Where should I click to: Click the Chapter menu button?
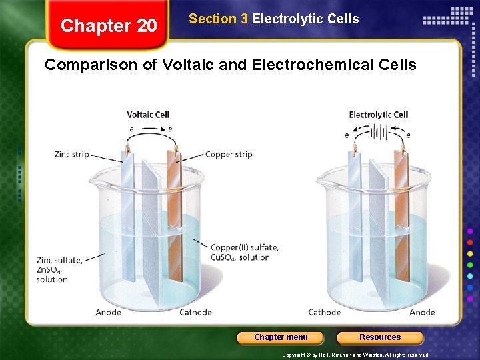pyautogui.click(x=281, y=337)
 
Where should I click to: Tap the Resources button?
pyautogui.click(x=380, y=337)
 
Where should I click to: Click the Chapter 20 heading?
pyautogui.click(x=109, y=26)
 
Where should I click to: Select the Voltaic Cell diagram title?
pyautogui.click(x=148, y=114)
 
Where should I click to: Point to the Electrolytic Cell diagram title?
pyautogui.click(x=378, y=115)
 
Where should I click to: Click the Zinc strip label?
pyautogui.click(x=71, y=155)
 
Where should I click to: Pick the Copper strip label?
pyautogui.click(x=229, y=155)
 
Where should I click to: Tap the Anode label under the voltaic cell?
pyautogui.click(x=108, y=312)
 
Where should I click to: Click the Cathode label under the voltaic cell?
pyautogui.click(x=195, y=312)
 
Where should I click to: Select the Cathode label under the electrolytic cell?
pyautogui.click(x=324, y=312)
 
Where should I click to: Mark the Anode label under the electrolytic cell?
pyautogui.click(x=422, y=312)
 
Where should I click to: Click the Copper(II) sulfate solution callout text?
pyautogui.click(x=243, y=252)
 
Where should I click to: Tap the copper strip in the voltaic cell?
pyautogui.click(x=175, y=213)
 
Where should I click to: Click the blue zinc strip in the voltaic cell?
pyautogui.click(x=127, y=213)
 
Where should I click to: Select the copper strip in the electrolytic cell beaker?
pyautogui.click(x=401, y=213)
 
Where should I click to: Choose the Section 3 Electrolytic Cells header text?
pyautogui.click(x=273, y=19)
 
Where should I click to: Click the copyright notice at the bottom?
pyautogui.click(x=355, y=355)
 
